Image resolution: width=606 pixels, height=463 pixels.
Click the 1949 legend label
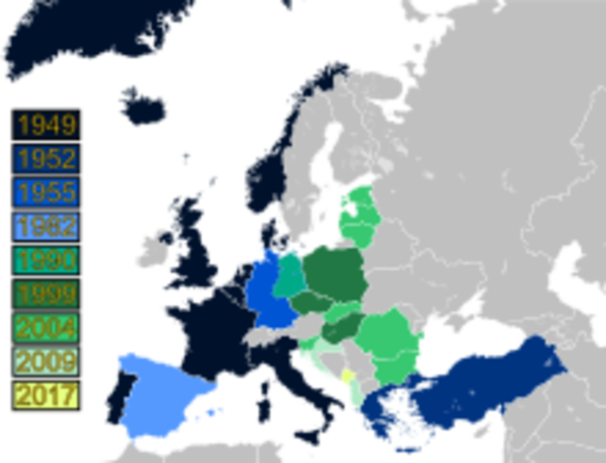coord(45,124)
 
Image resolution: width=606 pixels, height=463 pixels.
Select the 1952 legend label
coord(45,158)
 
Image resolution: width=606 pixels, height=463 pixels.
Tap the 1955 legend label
coord(45,192)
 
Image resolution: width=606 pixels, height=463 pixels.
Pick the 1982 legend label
coord(45,227)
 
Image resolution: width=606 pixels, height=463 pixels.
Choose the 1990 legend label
coord(45,260)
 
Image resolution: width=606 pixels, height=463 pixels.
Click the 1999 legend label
coord(45,294)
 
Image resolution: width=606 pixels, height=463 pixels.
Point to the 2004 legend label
coord(45,328)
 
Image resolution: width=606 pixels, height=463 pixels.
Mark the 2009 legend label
coord(45,362)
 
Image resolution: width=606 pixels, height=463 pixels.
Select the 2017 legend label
coord(45,395)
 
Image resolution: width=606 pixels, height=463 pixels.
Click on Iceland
coord(145,104)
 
